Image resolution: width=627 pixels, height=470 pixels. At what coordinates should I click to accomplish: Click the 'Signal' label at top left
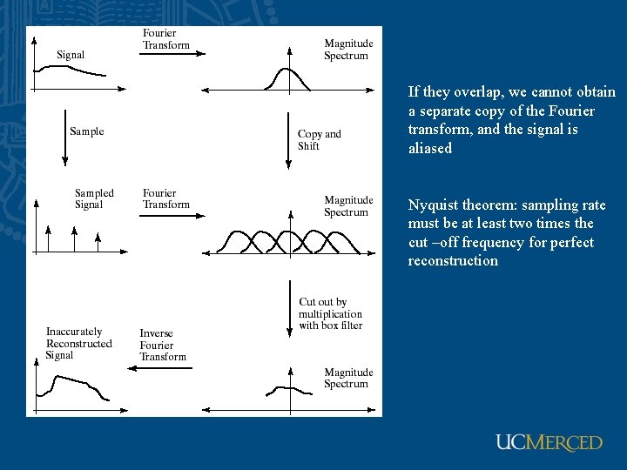tap(71, 55)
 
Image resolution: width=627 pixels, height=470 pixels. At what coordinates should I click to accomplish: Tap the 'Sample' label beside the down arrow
tap(86, 131)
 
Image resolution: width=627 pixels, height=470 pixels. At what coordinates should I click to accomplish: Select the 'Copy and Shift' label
tap(320, 140)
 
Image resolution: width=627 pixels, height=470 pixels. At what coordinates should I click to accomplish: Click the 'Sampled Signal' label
tap(94, 199)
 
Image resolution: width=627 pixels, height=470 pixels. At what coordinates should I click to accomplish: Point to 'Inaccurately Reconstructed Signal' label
tap(78, 343)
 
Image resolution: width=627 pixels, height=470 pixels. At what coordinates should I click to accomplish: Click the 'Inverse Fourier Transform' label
tap(163, 345)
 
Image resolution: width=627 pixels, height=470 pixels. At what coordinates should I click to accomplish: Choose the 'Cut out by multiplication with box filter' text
tap(330, 313)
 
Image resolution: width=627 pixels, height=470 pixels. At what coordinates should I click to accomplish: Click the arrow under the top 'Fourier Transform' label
tap(172, 54)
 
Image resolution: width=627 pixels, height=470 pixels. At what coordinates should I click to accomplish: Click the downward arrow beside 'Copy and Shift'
tap(288, 138)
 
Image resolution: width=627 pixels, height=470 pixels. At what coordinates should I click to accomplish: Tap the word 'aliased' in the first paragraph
tap(430, 149)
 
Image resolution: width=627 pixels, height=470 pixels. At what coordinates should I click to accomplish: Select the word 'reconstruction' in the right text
tap(453, 261)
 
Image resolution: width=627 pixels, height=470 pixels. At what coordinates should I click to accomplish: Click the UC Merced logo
tap(549, 443)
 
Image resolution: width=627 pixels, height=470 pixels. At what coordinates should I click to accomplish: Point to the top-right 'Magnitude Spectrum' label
tap(347, 50)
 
